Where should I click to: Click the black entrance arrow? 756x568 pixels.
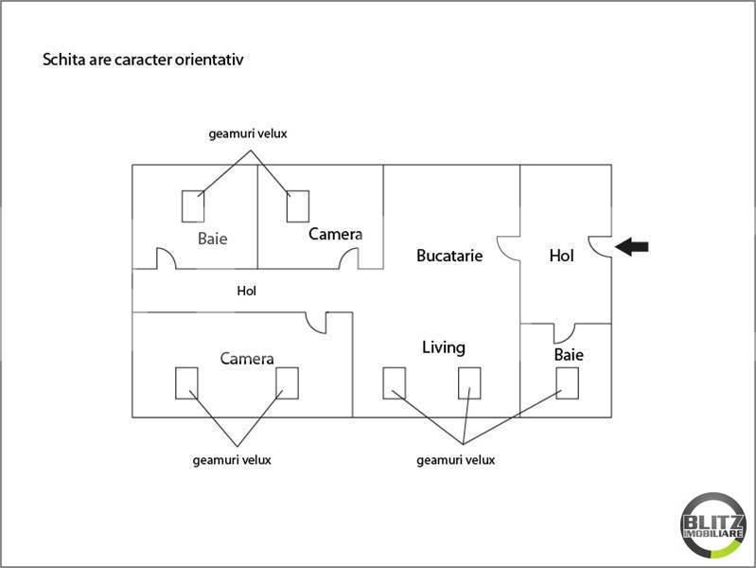click(x=632, y=247)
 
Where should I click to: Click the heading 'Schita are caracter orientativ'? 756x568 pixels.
click(x=145, y=60)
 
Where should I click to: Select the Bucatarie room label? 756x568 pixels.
click(x=449, y=256)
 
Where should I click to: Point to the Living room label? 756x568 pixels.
click(x=444, y=347)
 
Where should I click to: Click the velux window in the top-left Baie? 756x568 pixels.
click(x=194, y=206)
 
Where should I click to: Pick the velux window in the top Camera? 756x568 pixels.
click(x=298, y=205)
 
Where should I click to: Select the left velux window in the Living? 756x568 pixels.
click(x=395, y=382)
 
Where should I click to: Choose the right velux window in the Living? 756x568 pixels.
click(x=470, y=382)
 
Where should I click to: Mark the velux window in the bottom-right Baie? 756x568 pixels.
click(x=568, y=382)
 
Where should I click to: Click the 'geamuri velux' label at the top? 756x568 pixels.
click(x=247, y=134)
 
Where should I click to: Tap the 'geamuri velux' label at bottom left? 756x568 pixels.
click(x=232, y=460)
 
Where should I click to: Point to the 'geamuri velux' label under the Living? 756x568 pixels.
click(x=455, y=460)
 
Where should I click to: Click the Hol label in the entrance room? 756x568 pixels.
click(x=562, y=256)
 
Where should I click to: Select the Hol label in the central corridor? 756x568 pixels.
click(x=246, y=292)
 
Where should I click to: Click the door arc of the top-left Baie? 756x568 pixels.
click(x=166, y=258)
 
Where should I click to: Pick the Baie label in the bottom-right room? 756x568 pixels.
click(x=569, y=356)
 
